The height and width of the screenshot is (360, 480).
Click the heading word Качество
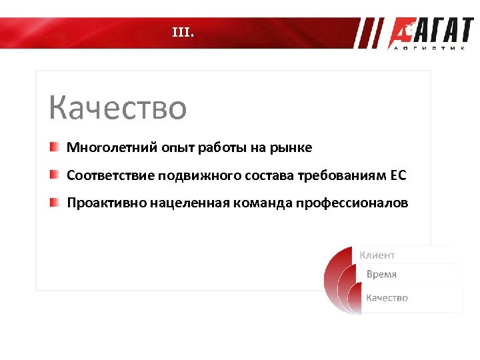pos(118,108)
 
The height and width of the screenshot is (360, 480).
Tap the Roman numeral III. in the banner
pos(183,31)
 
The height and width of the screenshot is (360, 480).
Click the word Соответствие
pos(111,175)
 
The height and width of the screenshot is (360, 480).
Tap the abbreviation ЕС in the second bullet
pos(397,175)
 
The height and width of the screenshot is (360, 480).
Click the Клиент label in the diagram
pos(377,255)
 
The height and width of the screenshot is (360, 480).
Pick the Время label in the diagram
pos(381,274)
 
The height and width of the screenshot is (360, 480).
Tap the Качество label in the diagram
pos(387,297)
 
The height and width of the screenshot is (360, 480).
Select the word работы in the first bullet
pos(223,147)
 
